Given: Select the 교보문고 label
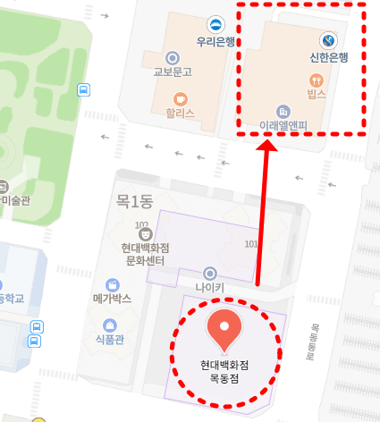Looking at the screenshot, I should tap(173, 72).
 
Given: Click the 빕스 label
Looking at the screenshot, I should tap(316, 95).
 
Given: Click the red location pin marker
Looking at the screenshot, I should tap(224, 330).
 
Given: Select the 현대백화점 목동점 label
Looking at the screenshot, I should tap(224, 371).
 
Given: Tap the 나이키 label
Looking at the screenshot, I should tap(210, 288).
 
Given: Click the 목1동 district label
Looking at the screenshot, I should tap(134, 202).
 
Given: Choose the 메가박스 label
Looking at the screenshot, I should tap(112, 298).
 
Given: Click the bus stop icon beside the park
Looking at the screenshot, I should tap(83, 89).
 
